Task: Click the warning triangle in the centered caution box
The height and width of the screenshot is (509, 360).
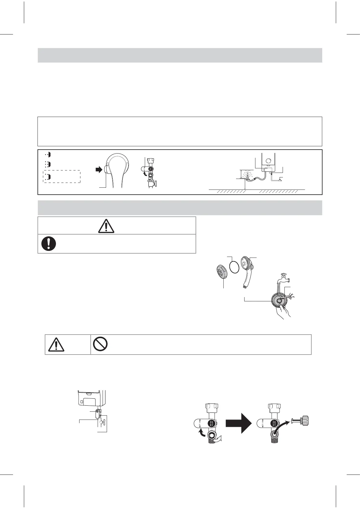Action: [106, 226]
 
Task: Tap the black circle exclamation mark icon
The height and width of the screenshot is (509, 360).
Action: [49, 243]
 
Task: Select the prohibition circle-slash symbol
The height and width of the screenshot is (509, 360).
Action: [100, 344]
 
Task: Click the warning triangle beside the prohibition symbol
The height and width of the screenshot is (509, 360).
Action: [56, 344]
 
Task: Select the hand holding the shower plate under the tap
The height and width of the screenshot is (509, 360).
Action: [284, 311]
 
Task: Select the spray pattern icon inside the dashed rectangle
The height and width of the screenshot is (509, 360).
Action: [48, 176]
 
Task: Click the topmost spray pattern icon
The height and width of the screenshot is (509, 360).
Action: [48, 154]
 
